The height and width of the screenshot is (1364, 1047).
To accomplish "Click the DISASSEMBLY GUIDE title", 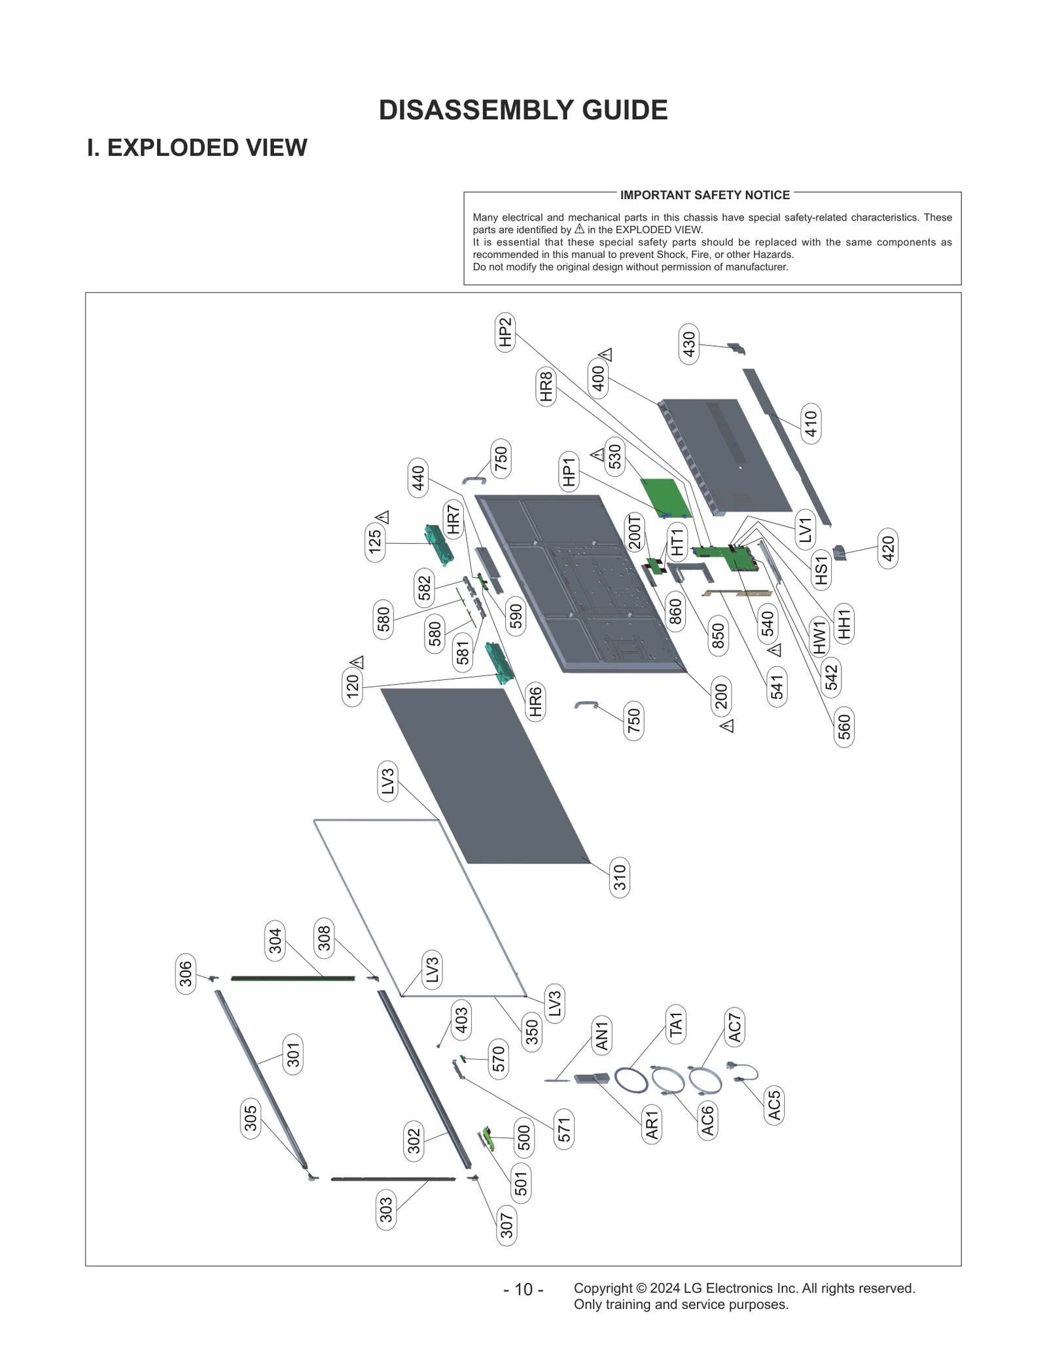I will pos(523,110).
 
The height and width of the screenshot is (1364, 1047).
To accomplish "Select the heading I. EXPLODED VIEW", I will pos(197,148).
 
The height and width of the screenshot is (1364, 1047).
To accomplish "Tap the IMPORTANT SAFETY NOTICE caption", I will pos(705,195).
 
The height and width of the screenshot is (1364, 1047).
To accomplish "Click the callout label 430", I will pos(689,344).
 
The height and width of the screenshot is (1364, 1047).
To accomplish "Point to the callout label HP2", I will pos(505,332).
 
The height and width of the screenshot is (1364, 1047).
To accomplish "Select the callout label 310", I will pos(620,878).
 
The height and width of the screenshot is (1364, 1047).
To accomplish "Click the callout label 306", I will pos(186,974).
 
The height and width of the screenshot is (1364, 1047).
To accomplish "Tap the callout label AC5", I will pos(774,1105).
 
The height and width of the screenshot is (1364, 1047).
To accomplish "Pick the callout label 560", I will pos(844,727).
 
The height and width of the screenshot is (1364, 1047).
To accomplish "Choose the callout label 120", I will pos(352,686).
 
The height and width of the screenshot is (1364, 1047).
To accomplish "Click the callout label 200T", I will pos(634,532).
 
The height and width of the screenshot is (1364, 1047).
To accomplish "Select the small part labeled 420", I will pos(840,553).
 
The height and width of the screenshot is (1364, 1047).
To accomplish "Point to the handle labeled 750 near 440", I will pos(474,480).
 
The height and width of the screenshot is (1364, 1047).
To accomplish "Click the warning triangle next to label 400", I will pos(606,355).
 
